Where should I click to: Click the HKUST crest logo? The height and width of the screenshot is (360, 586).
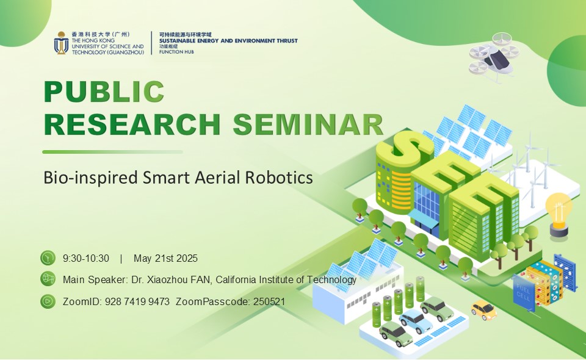(61, 43)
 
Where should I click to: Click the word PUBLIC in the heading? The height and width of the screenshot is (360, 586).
(104, 92)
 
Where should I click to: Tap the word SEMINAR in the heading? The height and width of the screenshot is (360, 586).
(308, 124)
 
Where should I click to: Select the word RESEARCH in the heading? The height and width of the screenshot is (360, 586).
(132, 124)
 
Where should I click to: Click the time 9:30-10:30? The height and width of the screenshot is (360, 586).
(86, 259)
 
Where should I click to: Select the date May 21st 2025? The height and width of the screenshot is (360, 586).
(165, 259)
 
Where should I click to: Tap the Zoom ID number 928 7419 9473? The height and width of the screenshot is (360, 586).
(137, 302)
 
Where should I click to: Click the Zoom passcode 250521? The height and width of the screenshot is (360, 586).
(269, 302)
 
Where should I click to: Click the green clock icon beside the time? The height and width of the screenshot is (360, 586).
(48, 257)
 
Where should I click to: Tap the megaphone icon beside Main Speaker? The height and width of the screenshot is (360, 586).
(48, 279)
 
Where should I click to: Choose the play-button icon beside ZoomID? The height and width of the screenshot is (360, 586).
(48, 301)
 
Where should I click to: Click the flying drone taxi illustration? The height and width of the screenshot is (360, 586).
(494, 57)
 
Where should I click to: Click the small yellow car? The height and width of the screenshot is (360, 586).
(483, 309)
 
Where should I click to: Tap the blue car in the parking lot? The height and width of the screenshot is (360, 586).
(414, 321)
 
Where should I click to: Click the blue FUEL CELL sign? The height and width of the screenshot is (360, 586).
(523, 293)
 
